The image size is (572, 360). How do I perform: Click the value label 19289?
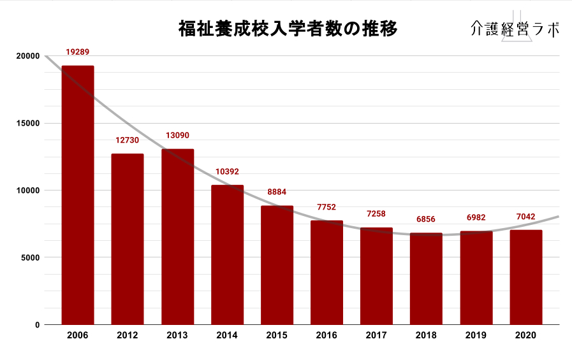78,52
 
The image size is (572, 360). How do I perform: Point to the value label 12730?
128,140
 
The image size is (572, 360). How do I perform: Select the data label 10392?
227,171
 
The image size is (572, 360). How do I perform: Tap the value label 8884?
277,192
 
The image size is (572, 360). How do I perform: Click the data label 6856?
426,219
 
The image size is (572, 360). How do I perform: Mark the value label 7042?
526,217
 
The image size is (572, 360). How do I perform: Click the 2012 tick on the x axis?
128,335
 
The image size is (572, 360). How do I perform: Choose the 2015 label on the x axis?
277,335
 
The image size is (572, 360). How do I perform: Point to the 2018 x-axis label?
426,335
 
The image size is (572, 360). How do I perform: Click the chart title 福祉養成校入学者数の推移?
288,29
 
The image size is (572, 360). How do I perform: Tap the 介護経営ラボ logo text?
515,29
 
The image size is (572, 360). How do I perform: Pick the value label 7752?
326,207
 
